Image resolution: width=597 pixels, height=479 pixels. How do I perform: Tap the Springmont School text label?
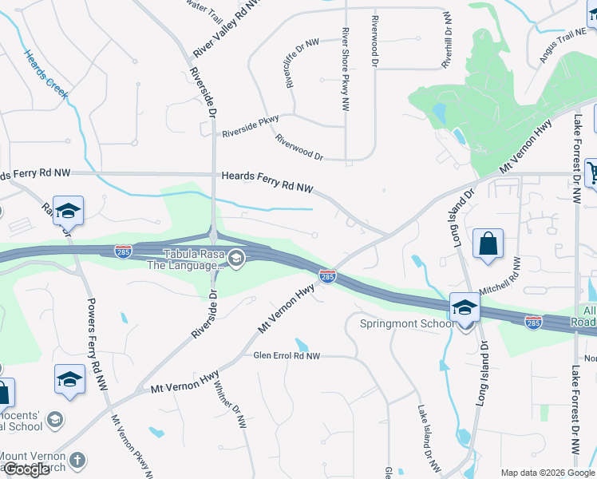click(406, 323)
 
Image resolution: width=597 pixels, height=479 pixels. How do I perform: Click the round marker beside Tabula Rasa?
click(235, 259)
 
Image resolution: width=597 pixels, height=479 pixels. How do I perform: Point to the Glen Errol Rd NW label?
click(287, 356)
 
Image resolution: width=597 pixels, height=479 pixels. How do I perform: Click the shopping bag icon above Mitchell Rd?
click(487, 245)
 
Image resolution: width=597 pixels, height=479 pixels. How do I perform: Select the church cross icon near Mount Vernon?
click(77, 461)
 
